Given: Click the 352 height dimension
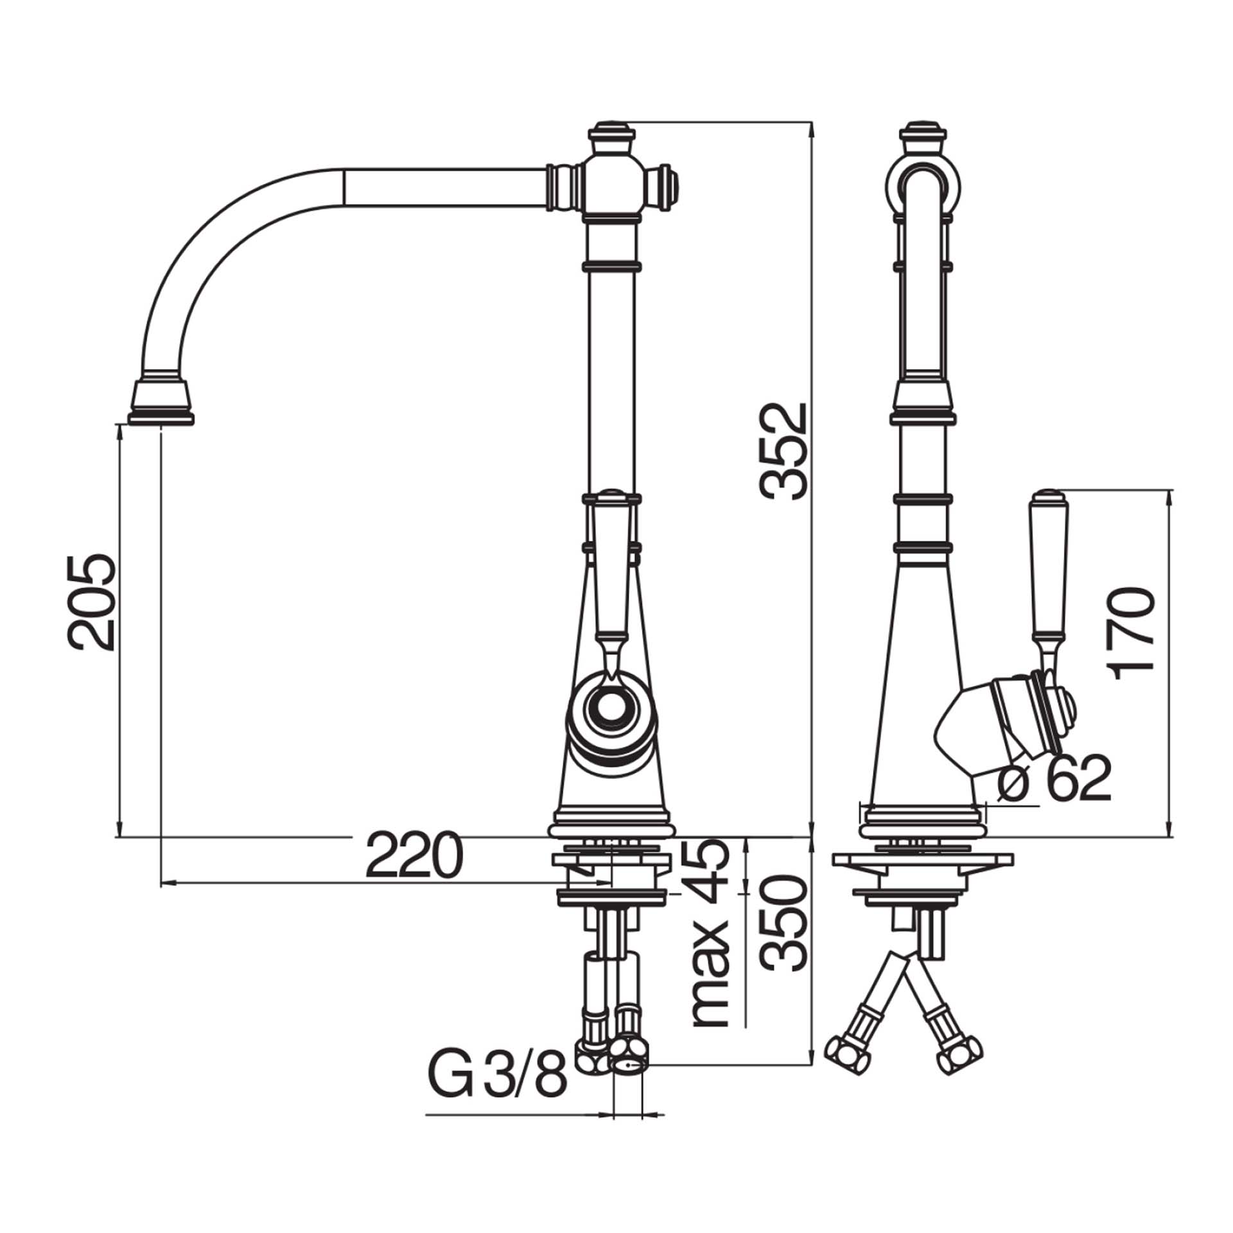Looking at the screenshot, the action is click(x=782, y=451).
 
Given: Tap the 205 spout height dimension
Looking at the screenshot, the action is click(x=92, y=602).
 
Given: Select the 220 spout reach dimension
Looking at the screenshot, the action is click(x=414, y=856).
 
